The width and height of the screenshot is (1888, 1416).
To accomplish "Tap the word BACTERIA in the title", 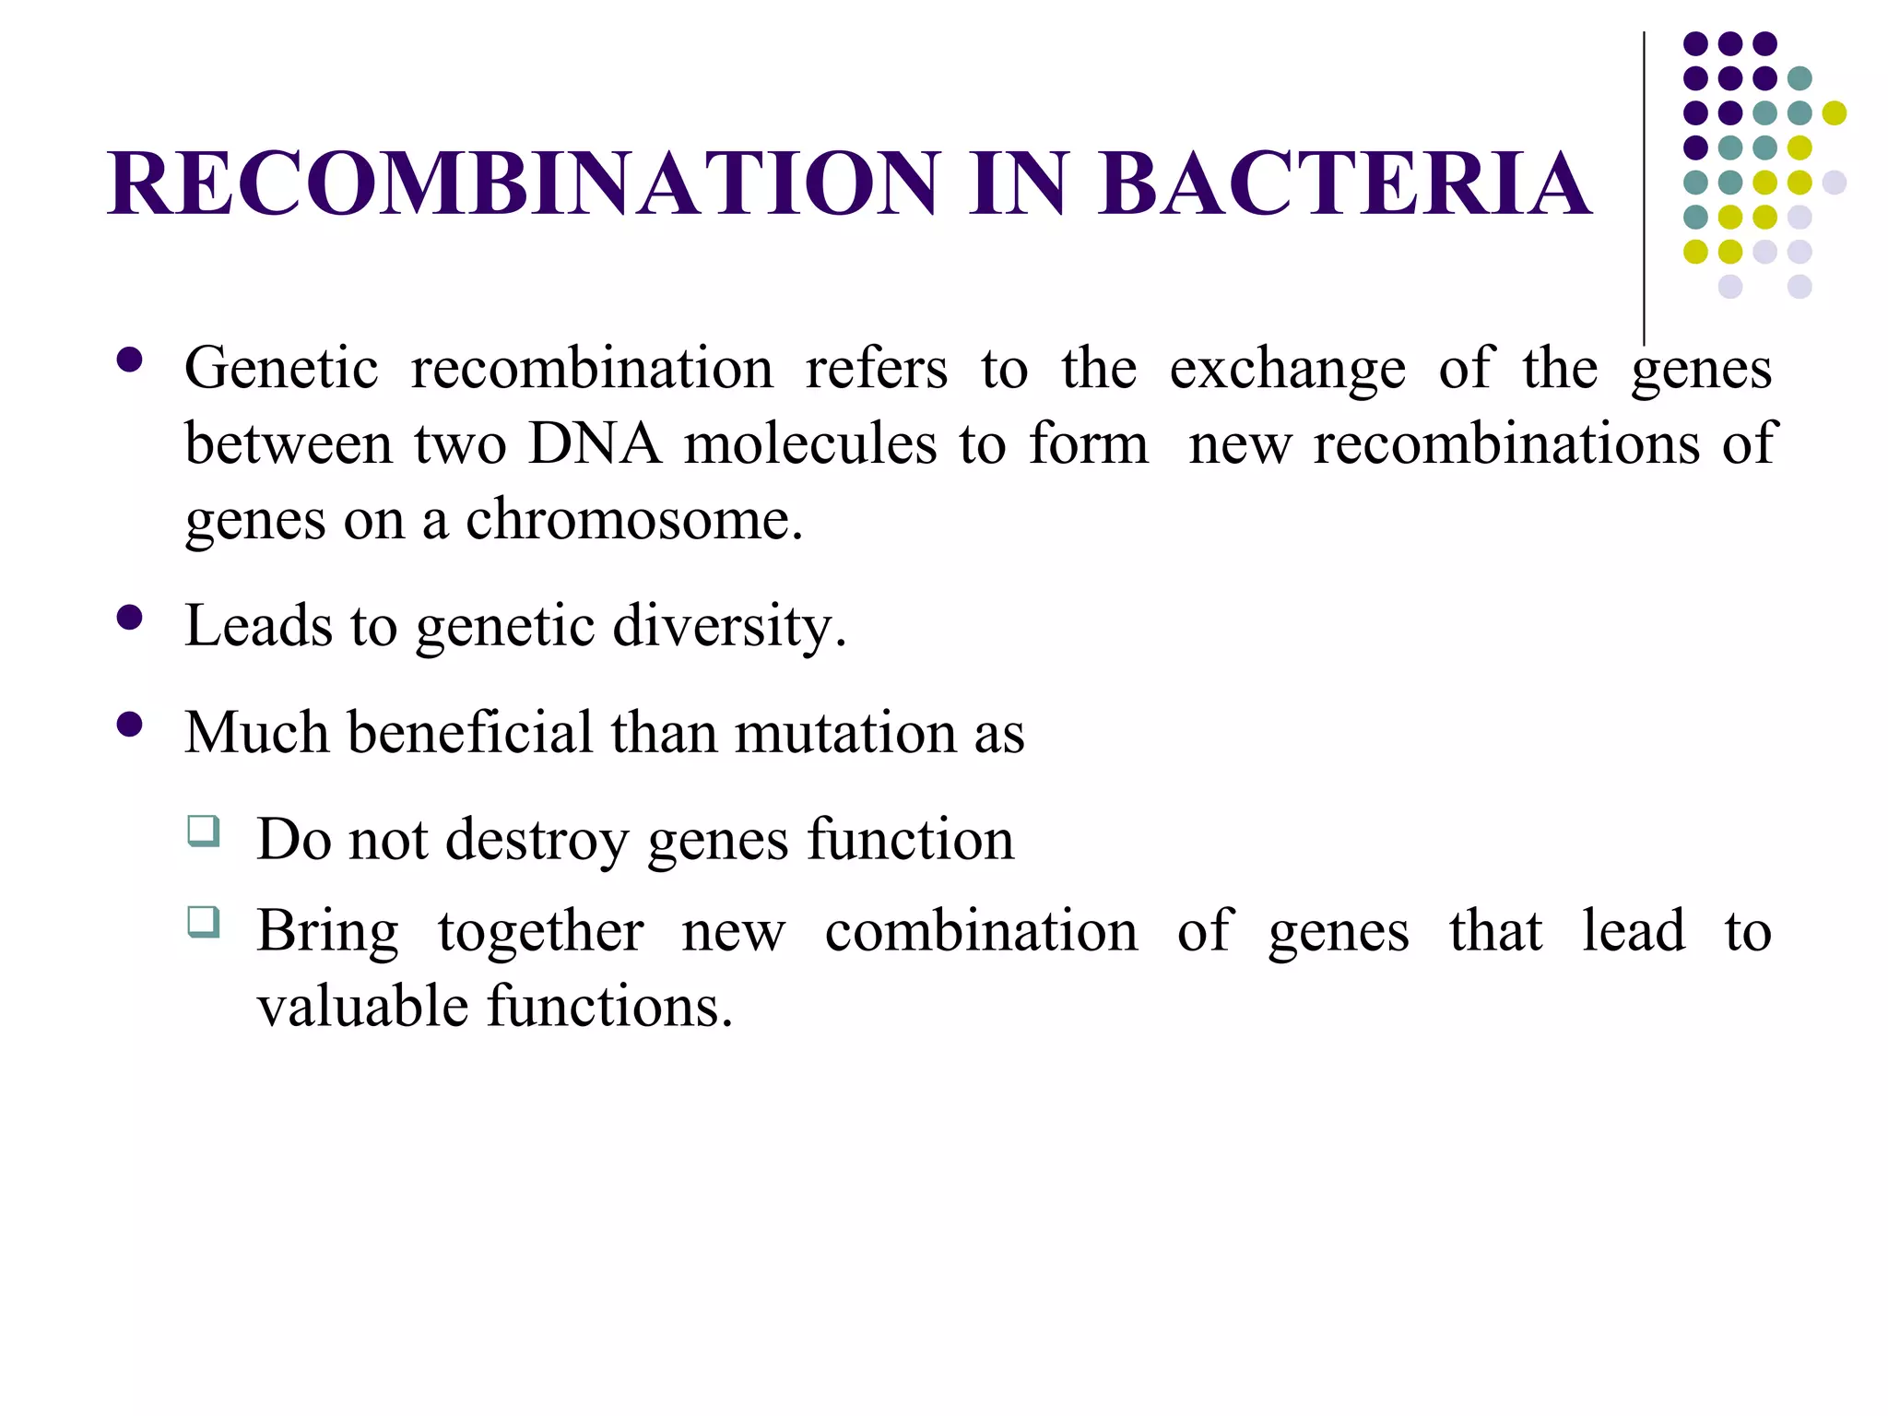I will click(x=1344, y=183).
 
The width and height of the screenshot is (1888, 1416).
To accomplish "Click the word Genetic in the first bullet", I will click(x=281, y=369).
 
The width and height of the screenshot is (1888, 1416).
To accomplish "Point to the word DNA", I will click(x=595, y=444).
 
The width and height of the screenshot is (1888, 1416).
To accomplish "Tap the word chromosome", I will click(x=633, y=520).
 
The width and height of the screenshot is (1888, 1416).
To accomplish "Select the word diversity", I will click(x=728, y=628).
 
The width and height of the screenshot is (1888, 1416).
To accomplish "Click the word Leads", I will click(x=258, y=626).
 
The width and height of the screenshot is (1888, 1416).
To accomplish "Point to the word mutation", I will click(x=845, y=734).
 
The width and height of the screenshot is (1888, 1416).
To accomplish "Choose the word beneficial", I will click(x=469, y=733).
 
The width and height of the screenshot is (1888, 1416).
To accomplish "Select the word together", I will click(x=540, y=932).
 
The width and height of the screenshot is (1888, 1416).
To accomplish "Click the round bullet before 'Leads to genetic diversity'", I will click(x=130, y=617).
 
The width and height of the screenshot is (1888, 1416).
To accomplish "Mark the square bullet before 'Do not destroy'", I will click(x=203, y=831).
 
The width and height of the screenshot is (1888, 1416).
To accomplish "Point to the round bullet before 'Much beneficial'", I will click(x=130, y=725).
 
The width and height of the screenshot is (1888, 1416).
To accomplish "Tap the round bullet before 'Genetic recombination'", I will click(x=130, y=359).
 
